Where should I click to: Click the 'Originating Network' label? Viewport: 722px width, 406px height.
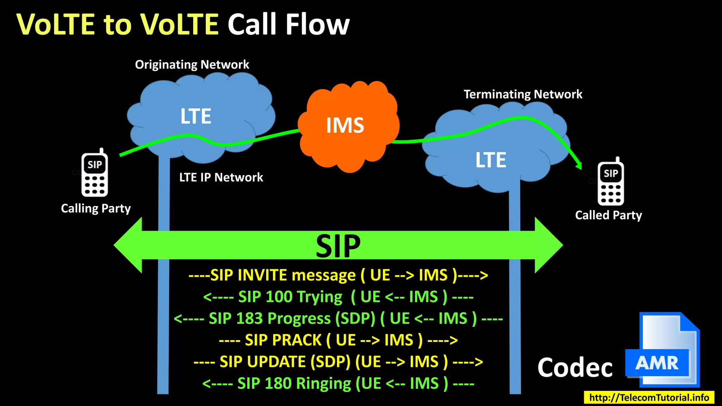(x=192, y=64)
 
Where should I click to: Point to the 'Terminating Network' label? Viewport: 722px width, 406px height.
(x=523, y=94)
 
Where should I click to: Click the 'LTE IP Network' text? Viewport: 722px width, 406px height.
(x=221, y=177)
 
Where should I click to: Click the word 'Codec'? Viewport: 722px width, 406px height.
(x=575, y=368)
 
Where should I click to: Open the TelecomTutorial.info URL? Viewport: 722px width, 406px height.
(x=649, y=398)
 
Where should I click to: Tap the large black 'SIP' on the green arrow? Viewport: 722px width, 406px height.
(x=338, y=246)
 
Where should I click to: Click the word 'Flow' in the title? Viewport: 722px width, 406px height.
(x=317, y=24)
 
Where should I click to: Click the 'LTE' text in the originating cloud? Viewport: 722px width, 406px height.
(x=196, y=116)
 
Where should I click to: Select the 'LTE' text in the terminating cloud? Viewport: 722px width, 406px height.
(x=491, y=160)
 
